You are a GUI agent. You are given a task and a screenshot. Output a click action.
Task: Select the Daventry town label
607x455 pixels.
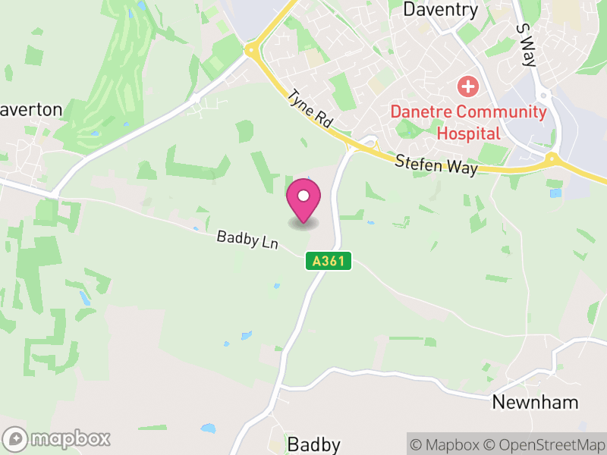pos(441,10)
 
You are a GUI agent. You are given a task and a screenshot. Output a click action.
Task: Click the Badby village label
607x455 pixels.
pos(313,444)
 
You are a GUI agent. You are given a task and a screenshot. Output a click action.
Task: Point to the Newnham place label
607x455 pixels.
pos(535,402)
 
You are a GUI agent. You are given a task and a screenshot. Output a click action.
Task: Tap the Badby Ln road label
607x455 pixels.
pos(248,240)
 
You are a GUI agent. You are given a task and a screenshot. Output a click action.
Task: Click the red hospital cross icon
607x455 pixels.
pos(468,86)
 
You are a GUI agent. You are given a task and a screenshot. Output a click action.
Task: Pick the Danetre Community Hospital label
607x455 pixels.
pos(468,123)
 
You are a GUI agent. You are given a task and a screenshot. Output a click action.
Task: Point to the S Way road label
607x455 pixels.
pos(524,44)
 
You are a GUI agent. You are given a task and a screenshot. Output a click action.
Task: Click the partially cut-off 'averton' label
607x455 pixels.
pos(31,110)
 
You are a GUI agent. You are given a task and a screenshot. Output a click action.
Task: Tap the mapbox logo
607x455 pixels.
pos(58,438)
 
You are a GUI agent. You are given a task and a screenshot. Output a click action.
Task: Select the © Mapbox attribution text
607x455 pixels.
pos(446,444)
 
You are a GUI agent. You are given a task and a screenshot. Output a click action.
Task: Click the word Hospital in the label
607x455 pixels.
pos(468,134)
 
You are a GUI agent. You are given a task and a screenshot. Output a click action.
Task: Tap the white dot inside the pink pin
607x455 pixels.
pos(303,196)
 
